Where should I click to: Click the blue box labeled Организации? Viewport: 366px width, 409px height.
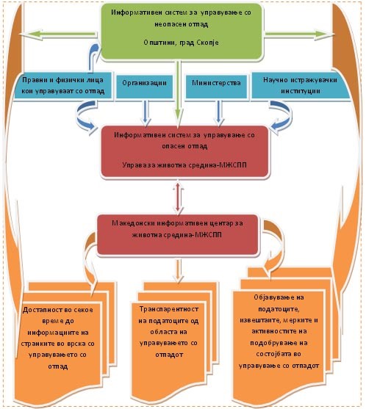[x=144, y=87]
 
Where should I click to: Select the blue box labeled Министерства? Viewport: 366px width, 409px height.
[x=216, y=87]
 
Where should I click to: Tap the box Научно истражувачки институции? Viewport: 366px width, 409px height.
[x=300, y=85]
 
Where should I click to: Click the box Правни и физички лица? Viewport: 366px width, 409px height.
[x=63, y=85]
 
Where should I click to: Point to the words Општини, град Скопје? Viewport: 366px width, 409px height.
[x=181, y=43]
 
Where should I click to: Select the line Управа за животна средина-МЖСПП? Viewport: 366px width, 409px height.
[x=184, y=165]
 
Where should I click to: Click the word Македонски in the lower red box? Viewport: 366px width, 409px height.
[x=134, y=223]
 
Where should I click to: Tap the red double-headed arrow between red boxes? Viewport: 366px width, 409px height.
[x=178, y=197]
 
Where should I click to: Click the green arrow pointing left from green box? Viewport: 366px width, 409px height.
[x=60, y=35]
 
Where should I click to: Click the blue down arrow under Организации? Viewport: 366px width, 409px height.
[x=146, y=112]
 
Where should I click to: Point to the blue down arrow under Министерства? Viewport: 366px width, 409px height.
[x=219, y=112]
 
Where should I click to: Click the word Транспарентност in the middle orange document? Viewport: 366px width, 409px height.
[x=168, y=309]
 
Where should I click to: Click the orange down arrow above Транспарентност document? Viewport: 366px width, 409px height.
[x=179, y=271]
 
